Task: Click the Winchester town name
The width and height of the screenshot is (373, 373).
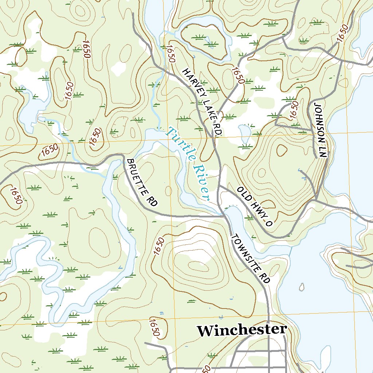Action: [x=242, y=330]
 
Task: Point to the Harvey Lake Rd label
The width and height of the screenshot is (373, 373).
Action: [x=202, y=102]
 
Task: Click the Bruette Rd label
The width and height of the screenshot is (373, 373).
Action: [x=142, y=183]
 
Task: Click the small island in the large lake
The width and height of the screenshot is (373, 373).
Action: [x=301, y=287]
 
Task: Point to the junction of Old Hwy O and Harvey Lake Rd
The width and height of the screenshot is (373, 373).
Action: [x=219, y=186]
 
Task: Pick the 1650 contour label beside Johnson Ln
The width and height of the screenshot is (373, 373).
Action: [x=294, y=110]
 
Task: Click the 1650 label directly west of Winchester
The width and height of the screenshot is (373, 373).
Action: [x=154, y=327]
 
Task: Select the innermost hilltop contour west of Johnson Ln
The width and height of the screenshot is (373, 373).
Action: [x=282, y=150]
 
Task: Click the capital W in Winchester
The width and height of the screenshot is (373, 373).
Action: [x=205, y=331]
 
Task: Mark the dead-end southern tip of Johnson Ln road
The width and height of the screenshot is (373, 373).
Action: [x=315, y=157]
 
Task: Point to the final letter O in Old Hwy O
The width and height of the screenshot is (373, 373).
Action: [x=269, y=223]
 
